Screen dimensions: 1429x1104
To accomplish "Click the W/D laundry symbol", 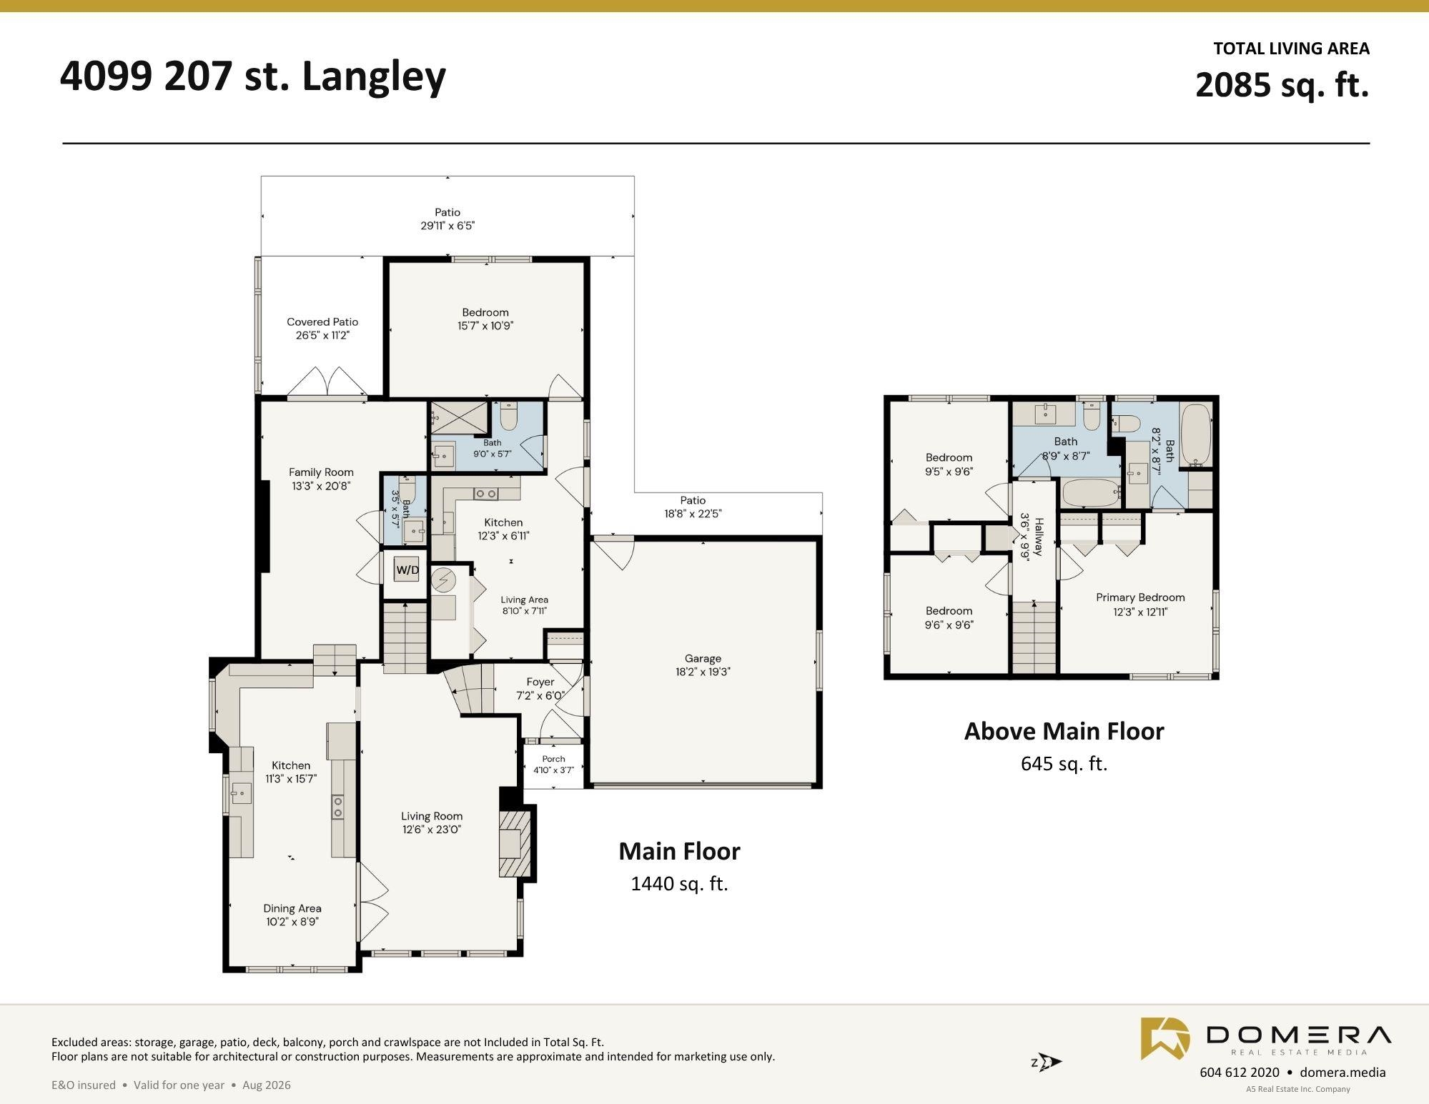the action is click(x=407, y=570).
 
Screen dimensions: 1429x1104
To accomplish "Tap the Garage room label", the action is click(x=703, y=658).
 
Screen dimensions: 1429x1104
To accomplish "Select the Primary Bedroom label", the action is click(x=1140, y=597).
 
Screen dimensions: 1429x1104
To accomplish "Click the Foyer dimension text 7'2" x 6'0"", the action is click(x=540, y=695).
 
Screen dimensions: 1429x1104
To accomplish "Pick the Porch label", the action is click(x=553, y=759).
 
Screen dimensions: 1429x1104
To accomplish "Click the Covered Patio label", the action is click(x=322, y=322).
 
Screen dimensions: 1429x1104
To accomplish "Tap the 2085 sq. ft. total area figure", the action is click(x=1282, y=85).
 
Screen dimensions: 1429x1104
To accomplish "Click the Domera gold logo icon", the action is click(x=1165, y=1038).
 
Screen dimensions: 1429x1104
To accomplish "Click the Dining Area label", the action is click(x=292, y=908).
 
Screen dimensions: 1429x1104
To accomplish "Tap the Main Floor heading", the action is click(x=679, y=851).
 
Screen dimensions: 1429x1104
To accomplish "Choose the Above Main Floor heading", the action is click(x=1064, y=731).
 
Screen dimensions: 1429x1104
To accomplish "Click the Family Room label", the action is click(x=321, y=472).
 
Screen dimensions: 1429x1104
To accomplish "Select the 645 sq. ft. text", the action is click(x=1064, y=764).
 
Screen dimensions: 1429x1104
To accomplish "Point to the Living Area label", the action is click(x=524, y=600).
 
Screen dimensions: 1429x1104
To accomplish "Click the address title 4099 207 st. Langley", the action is click(x=253, y=76).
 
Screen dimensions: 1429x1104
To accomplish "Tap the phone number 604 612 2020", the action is click(x=1240, y=1072).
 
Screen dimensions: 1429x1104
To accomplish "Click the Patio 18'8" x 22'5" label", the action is click(x=693, y=507).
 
